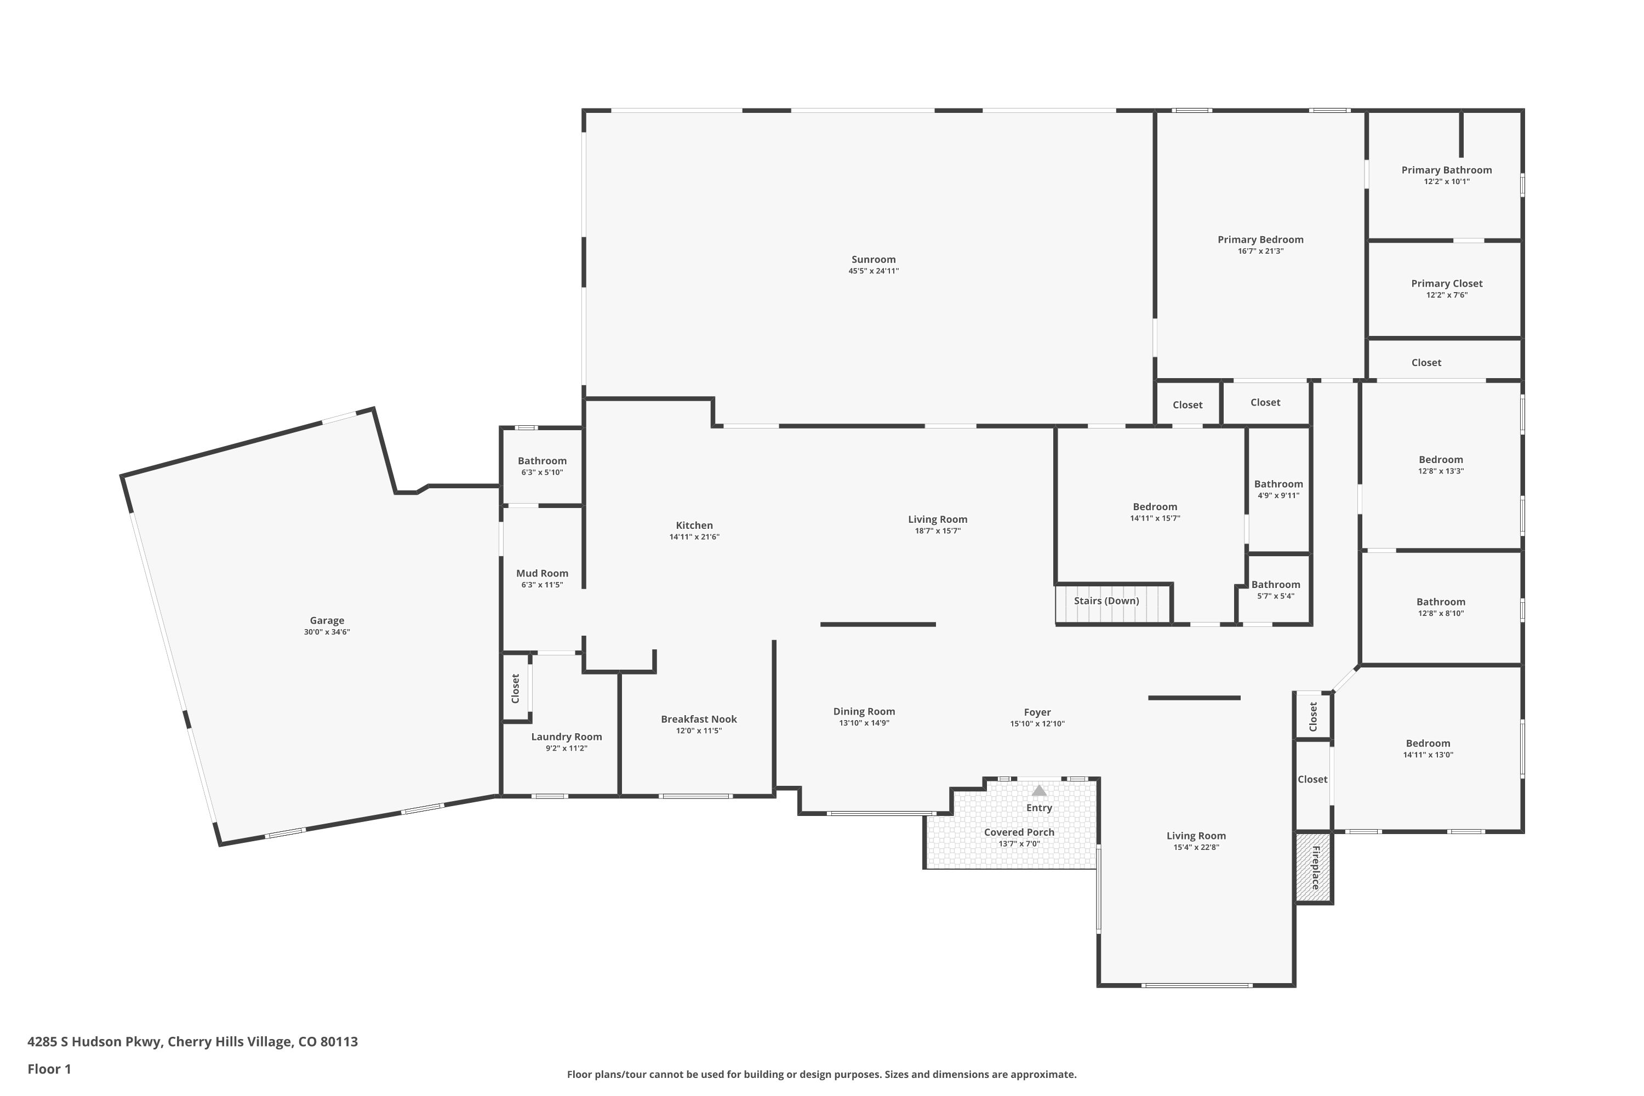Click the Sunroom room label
click(873, 259)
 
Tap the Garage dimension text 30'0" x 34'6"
click(327, 632)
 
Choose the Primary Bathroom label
click(1446, 170)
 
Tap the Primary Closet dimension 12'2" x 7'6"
click(1446, 295)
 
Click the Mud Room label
click(542, 573)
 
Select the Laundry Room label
click(566, 736)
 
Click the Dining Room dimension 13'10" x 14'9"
click(864, 723)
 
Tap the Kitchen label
click(694, 525)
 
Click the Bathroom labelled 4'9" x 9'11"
click(1278, 484)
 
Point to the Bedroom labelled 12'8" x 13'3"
click(1440, 459)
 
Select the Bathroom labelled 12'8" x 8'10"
click(1440, 601)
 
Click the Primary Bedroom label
click(1260, 240)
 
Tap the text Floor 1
click(49, 1068)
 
